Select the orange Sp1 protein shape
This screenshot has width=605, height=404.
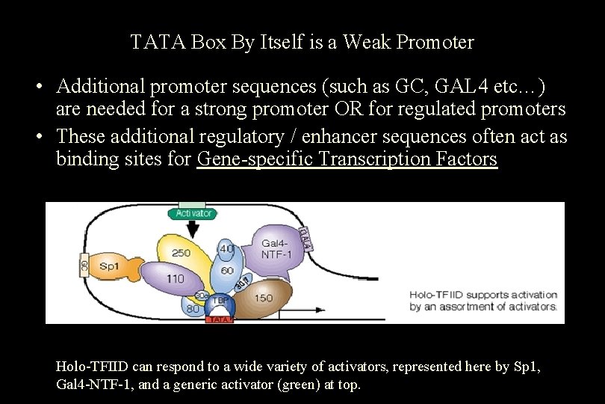[x=111, y=266]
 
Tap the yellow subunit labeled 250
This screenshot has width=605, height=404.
[x=180, y=254]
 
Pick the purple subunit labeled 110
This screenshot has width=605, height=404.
[x=174, y=279]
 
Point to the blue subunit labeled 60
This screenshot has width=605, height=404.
[x=227, y=270]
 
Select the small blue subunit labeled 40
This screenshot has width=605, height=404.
[x=226, y=249]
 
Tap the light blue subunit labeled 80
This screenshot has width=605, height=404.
[x=192, y=307]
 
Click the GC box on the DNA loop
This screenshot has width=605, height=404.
[x=84, y=263]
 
